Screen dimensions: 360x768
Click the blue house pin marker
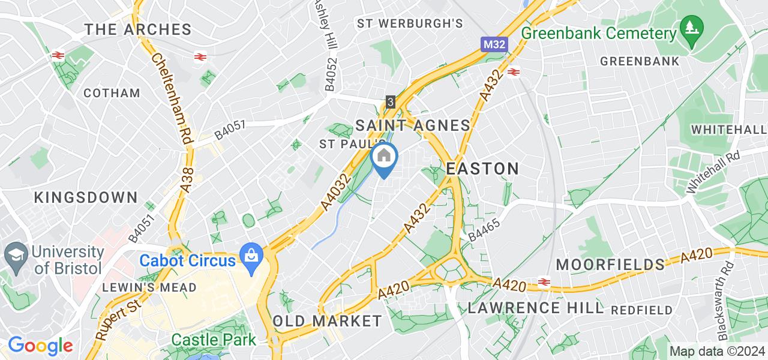click(x=384, y=158)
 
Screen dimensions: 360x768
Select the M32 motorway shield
click(x=494, y=45)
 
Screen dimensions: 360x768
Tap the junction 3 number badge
click(x=391, y=103)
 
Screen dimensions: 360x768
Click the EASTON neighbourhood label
click(x=483, y=169)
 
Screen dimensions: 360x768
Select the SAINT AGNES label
click(x=413, y=125)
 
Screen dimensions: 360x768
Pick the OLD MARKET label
click(x=327, y=320)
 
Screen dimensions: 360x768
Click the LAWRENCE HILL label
click(x=535, y=308)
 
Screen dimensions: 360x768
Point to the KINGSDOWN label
click(x=86, y=197)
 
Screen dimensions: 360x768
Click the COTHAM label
click(x=112, y=93)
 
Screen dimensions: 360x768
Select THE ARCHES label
click(x=138, y=29)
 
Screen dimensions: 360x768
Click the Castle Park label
click(x=214, y=340)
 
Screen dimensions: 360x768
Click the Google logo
click(x=40, y=346)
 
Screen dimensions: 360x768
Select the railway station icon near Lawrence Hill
click(x=545, y=282)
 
